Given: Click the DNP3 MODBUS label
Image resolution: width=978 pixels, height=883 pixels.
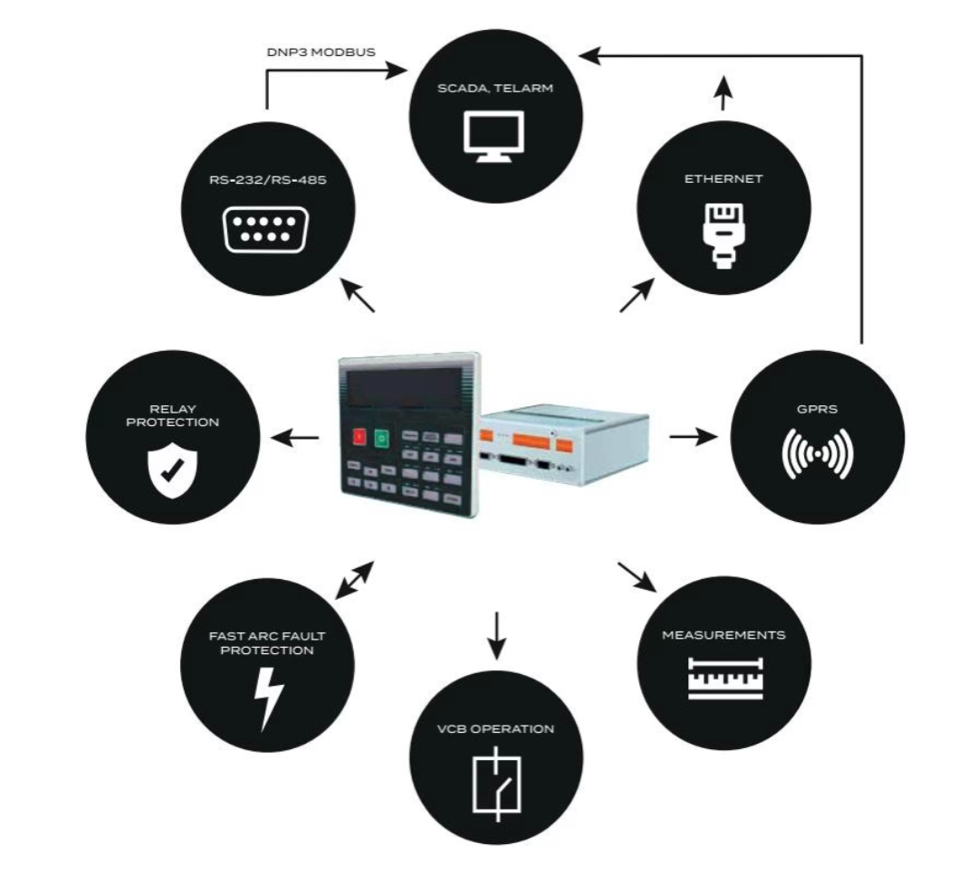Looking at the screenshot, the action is pyautogui.click(x=321, y=52).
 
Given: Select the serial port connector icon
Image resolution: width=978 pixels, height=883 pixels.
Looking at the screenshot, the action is pyautogui.click(x=266, y=229).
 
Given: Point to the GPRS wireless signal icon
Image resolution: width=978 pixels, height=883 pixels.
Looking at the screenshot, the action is pyautogui.click(x=817, y=453).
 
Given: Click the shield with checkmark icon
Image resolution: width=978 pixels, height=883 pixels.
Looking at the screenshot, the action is pyautogui.click(x=172, y=470).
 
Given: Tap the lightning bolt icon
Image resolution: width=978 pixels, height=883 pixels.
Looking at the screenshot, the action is pyautogui.click(x=269, y=698).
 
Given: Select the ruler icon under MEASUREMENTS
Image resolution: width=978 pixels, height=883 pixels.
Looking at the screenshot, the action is pyautogui.click(x=725, y=679).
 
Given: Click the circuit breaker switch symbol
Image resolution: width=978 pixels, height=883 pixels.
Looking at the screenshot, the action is pyautogui.click(x=497, y=784).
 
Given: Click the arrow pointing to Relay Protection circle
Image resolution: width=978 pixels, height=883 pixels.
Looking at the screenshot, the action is pyautogui.click(x=295, y=438).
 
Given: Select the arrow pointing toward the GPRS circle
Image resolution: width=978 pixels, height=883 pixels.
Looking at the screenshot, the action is pyautogui.click(x=693, y=437).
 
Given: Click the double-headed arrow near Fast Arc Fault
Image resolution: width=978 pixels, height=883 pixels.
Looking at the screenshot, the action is pyautogui.click(x=354, y=580).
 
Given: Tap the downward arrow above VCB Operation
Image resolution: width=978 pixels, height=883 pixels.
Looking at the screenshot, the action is pyautogui.click(x=496, y=636).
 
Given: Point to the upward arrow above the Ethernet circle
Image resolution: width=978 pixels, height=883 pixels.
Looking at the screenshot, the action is pyautogui.click(x=723, y=93).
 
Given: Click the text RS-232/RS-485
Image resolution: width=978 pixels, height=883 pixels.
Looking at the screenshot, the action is pyautogui.click(x=267, y=180).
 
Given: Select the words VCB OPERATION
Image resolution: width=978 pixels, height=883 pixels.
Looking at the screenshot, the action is pyautogui.click(x=496, y=729).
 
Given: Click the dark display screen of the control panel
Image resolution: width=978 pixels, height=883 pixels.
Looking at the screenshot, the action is pyautogui.click(x=404, y=387).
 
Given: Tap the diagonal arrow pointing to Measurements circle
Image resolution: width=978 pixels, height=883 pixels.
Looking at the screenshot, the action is pyautogui.click(x=637, y=577).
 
